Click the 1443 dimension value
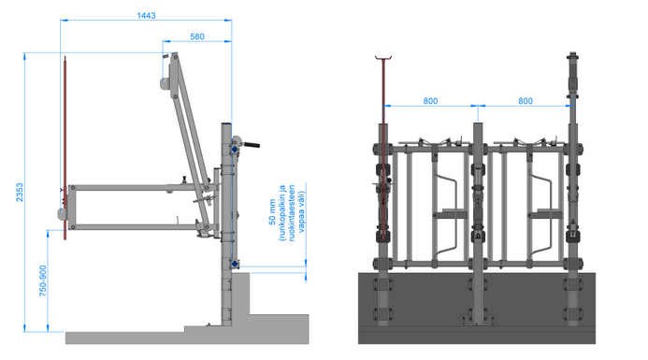[x=146, y=15]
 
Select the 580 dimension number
[x=197, y=36]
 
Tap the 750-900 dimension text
[x=43, y=281]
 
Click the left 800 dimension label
[x=430, y=101]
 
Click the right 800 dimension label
[x=526, y=101]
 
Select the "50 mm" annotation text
[x=272, y=212]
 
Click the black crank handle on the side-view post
[x=251, y=145]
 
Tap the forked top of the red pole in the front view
[x=383, y=57]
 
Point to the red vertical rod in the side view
[x=65, y=148]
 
